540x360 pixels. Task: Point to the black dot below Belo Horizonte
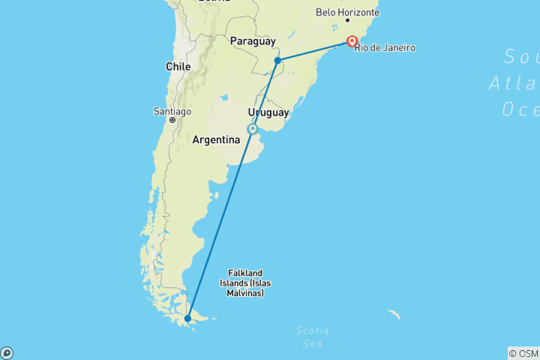pos(347,20)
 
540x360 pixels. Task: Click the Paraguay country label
pos(253,40)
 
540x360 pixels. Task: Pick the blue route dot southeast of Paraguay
pos(277,60)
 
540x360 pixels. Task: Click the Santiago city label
pos(172,111)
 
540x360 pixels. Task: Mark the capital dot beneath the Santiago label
pos(172,120)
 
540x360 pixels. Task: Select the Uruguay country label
pos(268,112)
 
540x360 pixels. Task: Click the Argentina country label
pos(216,139)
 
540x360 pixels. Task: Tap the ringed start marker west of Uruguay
pos(253,129)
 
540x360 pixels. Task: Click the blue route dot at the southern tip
pos(187,318)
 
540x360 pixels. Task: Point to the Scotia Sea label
pos(311,337)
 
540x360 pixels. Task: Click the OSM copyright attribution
pos(523,353)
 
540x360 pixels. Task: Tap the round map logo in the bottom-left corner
pos(7,353)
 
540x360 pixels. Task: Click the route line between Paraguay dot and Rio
pos(315,50)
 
